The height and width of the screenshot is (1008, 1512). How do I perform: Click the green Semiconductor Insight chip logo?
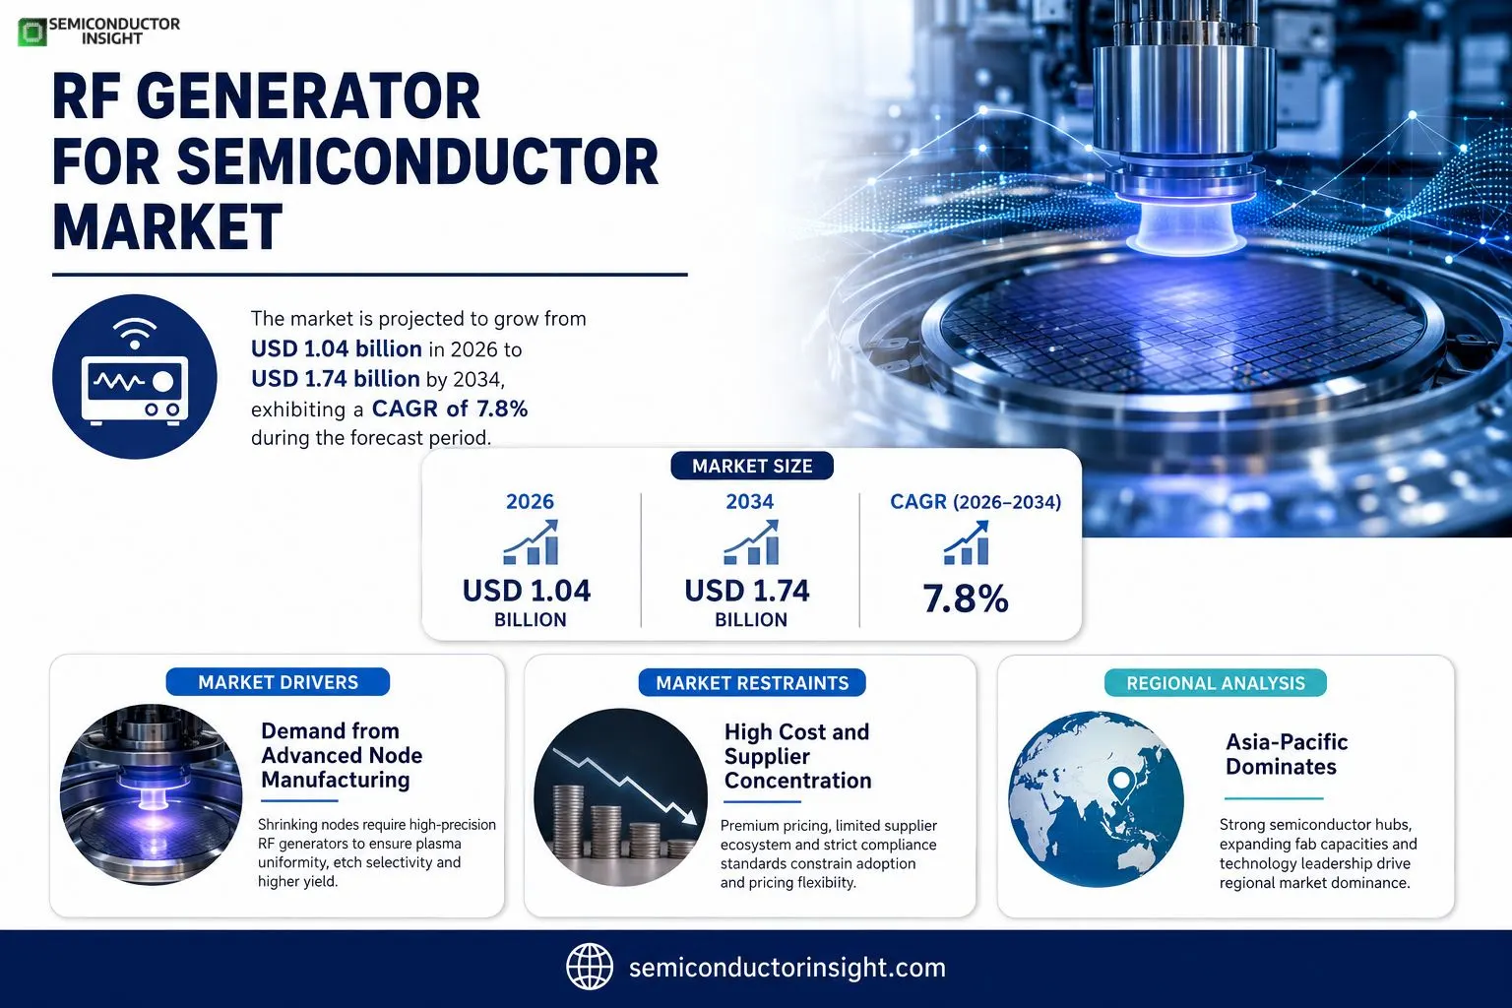point(31,32)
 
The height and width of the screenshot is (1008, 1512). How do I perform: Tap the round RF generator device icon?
point(134,377)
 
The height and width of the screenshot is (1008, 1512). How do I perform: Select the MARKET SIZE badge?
point(752,466)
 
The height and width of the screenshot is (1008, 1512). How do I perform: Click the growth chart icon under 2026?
point(531,542)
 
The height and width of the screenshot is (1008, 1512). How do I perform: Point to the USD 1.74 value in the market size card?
point(746,591)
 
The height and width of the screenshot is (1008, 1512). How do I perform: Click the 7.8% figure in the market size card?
point(966,598)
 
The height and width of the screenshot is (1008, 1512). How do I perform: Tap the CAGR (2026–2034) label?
point(976,502)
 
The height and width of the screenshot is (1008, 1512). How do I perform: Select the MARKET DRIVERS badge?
point(279,682)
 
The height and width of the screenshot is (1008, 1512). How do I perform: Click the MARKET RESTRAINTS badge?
point(752,682)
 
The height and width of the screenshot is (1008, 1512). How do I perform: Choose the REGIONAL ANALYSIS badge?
point(1215,682)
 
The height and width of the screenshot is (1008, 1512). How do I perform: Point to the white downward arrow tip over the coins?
point(695,822)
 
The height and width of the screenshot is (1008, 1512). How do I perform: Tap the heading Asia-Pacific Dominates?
point(1287,754)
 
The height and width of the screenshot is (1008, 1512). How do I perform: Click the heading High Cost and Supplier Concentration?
point(798,756)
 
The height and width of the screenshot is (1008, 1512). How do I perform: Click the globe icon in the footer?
point(590,967)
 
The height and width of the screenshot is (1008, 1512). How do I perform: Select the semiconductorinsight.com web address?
point(787,968)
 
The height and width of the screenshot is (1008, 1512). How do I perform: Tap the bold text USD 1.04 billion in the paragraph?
point(336,349)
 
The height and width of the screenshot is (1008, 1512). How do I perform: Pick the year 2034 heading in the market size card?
point(749,502)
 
